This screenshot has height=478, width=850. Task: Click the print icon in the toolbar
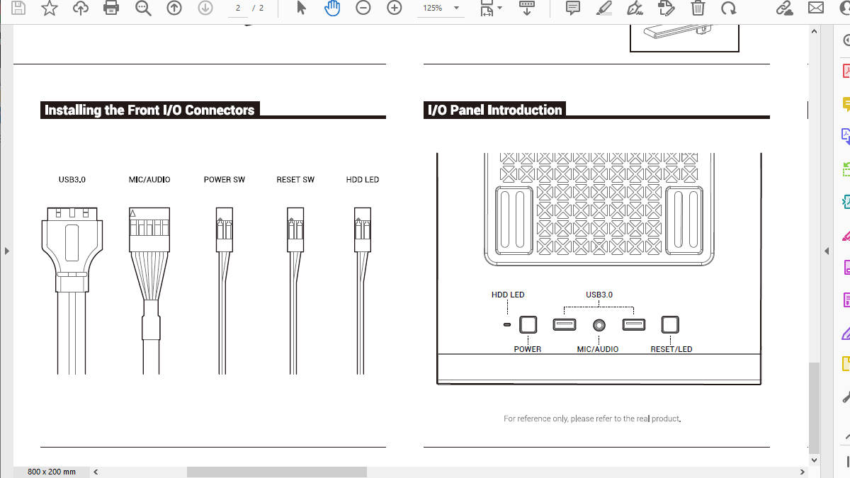click(110, 8)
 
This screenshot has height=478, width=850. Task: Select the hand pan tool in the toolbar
click(332, 8)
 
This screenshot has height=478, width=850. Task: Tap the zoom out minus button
click(363, 8)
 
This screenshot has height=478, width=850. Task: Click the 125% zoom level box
click(440, 8)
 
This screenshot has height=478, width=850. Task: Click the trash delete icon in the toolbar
click(698, 8)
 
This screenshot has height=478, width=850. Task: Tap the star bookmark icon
click(50, 8)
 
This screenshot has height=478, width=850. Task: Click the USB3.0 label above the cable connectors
click(72, 179)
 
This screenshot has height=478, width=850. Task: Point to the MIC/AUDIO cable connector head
click(149, 229)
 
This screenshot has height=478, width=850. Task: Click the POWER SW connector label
click(225, 179)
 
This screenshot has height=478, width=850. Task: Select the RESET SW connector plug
click(295, 229)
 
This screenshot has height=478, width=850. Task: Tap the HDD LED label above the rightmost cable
click(363, 179)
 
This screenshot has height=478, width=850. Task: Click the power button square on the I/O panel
click(528, 325)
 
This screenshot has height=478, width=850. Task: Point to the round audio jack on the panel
click(599, 325)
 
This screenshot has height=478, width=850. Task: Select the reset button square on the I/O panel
click(670, 325)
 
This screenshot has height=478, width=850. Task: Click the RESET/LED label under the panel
click(671, 349)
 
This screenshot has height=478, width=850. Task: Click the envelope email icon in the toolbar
click(815, 8)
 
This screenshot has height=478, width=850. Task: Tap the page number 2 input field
click(238, 8)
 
